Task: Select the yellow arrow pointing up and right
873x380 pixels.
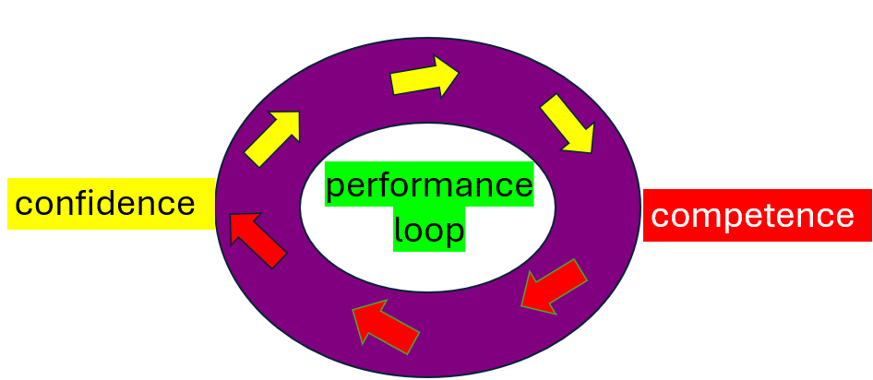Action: click(x=273, y=138)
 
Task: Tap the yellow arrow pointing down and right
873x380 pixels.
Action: click(x=566, y=124)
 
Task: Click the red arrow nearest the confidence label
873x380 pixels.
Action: click(x=257, y=239)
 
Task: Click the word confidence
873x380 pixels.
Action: click(x=105, y=204)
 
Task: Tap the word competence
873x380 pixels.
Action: click(x=752, y=216)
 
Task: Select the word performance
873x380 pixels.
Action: click(x=429, y=185)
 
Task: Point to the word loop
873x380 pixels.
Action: click(x=429, y=230)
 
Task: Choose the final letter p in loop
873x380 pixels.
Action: click(x=453, y=233)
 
